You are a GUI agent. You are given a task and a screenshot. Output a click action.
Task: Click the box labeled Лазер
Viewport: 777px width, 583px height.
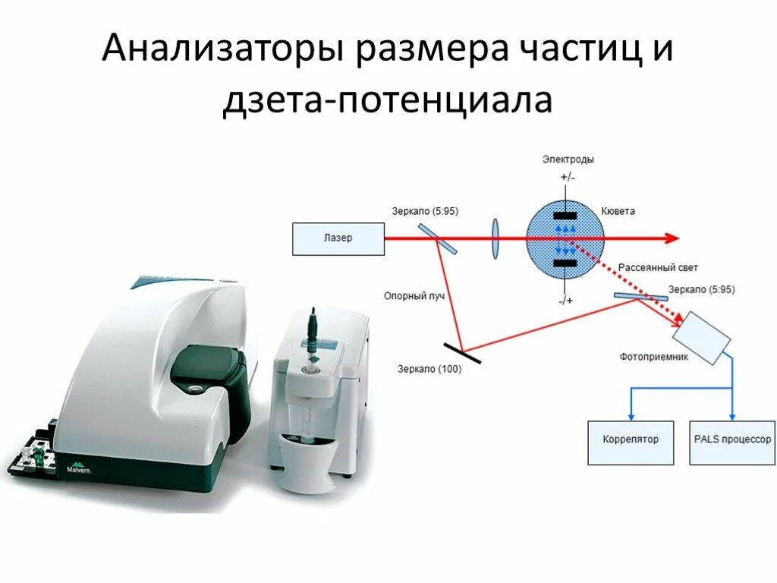338,238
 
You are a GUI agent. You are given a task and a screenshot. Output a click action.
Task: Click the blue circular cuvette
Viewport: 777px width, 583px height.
565,238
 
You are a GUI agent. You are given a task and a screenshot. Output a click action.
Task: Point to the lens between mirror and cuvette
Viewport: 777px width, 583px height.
495,238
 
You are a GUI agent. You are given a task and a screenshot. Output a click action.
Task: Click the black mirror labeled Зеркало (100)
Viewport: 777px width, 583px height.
461,351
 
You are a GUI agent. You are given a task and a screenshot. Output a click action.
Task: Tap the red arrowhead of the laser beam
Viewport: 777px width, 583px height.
670,238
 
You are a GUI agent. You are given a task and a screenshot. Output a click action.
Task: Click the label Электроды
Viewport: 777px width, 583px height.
568,159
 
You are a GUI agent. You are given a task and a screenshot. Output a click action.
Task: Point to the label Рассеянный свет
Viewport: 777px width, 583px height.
658,268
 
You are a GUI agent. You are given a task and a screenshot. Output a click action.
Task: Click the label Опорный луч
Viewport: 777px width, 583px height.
414,296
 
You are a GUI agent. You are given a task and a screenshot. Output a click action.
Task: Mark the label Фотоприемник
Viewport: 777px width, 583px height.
654,357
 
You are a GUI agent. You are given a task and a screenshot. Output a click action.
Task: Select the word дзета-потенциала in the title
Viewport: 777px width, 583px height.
387,100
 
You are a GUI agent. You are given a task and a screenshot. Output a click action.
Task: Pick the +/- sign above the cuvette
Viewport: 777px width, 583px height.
568,178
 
